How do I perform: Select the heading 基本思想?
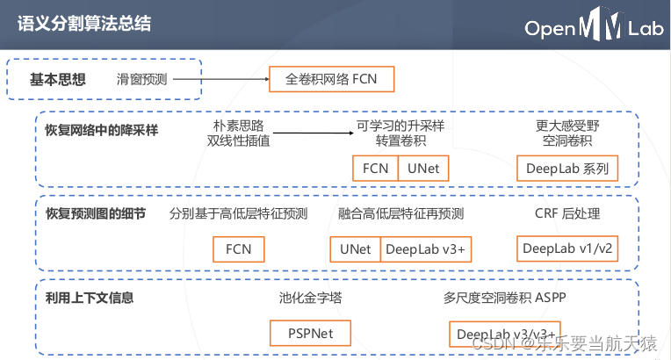tap(58, 79)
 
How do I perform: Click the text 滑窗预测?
tap(143, 80)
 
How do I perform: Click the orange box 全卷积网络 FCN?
tap(331, 80)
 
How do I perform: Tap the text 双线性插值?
tap(238, 140)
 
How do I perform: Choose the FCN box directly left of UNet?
tap(375, 168)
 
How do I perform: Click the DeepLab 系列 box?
tap(566, 168)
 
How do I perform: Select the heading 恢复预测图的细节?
tap(95, 213)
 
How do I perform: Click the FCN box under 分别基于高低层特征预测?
tap(239, 248)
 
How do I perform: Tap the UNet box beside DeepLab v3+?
tap(356, 248)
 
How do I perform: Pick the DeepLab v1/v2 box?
tap(567, 248)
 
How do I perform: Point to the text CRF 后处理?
tap(567, 213)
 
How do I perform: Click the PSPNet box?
tap(310, 334)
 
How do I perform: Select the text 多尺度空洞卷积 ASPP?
tap(505, 299)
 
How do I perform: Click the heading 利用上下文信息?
tap(90, 299)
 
